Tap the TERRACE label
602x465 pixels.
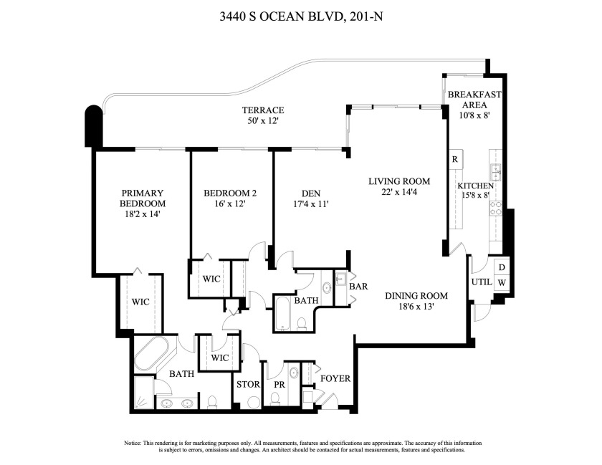coord(263,110)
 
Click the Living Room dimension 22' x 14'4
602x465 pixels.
coord(399,192)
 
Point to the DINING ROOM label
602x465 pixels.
coord(416,296)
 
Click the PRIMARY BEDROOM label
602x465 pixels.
coord(143,198)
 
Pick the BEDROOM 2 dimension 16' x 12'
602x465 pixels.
coord(225,204)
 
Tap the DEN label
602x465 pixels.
coord(310,193)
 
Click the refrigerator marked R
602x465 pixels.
coord(454,159)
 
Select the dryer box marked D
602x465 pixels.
coord(502,267)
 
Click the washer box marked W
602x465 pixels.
coord(502,282)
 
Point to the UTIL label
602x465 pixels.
coord(481,282)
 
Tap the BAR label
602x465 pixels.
coord(358,287)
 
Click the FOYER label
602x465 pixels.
coord(335,378)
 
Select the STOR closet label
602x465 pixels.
coord(248,385)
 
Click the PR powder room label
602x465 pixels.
coord(279,385)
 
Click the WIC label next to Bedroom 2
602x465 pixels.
coord(211,279)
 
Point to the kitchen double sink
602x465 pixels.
coord(495,172)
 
